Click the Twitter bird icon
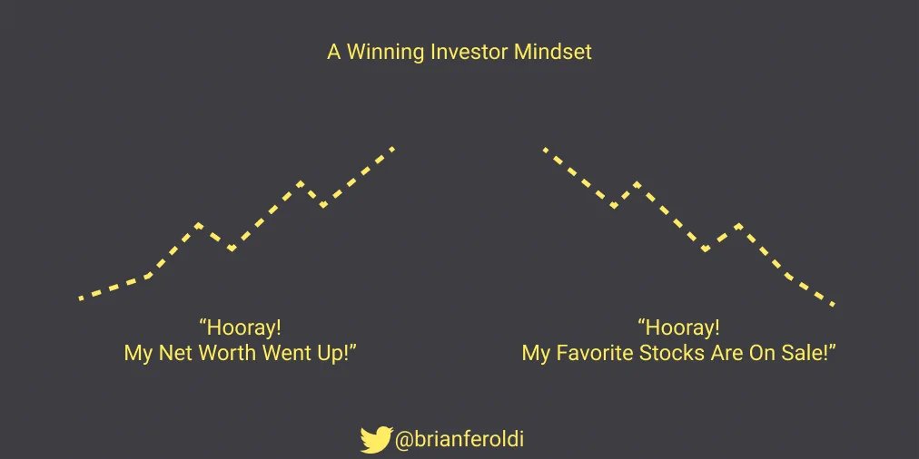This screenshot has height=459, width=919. tap(375, 439)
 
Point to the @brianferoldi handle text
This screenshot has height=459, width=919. tap(459, 440)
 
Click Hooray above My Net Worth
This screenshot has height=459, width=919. tap(240, 327)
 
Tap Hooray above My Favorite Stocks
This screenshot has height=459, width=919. tap(679, 327)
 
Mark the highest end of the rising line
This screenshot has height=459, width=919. tap(393, 147)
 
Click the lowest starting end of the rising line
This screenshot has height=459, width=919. tap(81, 298)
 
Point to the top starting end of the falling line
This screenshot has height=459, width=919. tap(544, 149)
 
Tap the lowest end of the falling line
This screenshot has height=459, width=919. tap(832, 304)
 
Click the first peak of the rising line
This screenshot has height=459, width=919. tap(199, 224)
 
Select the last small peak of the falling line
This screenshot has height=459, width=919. tap(738, 225)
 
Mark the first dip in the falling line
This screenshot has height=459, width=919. tap(614, 206)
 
